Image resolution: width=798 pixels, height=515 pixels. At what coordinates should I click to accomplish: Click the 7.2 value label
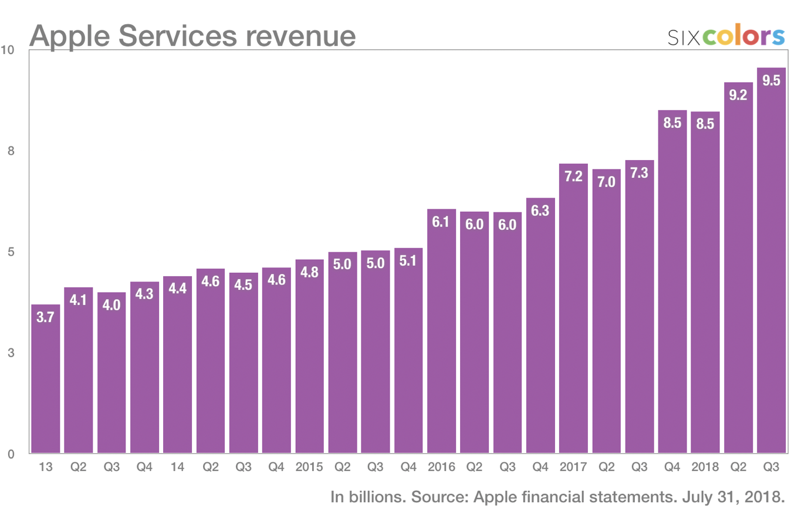point(573,175)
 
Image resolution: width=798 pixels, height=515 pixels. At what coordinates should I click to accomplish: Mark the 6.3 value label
point(540,210)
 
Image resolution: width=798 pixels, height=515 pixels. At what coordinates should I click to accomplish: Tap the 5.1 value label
point(408,260)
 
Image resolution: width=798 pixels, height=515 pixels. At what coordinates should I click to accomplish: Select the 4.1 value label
point(79,299)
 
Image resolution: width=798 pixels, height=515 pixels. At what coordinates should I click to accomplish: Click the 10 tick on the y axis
point(9,50)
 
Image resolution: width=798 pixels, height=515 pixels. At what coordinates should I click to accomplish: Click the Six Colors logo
point(726,36)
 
